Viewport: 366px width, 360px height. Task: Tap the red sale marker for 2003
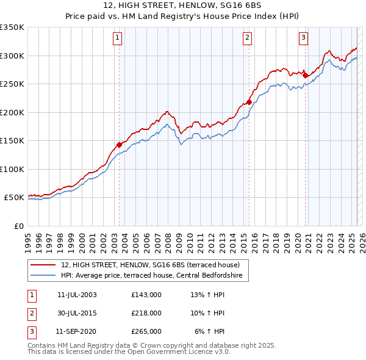tap(119, 145)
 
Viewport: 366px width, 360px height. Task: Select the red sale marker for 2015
tap(249, 102)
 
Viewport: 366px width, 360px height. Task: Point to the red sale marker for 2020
tap(305, 76)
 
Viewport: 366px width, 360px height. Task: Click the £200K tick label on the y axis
tap(12, 112)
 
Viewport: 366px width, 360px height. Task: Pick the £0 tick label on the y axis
tap(18, 226)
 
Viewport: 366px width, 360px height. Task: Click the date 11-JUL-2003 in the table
tap(77, 295)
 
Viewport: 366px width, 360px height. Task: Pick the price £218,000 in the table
tap(146, 313)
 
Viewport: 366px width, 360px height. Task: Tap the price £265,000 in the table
tap(146, 331)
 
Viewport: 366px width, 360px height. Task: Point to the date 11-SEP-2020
tap(76, 331)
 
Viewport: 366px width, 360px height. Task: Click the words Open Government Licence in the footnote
tap(187, 352)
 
